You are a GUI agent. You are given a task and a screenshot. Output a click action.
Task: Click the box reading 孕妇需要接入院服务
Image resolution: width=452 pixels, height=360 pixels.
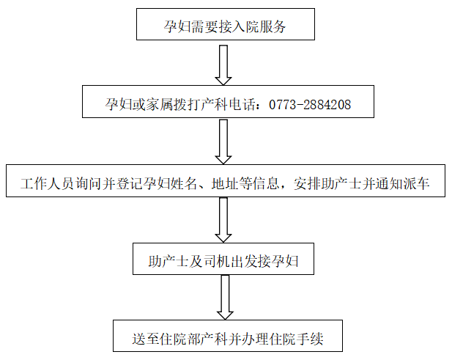[226, 24]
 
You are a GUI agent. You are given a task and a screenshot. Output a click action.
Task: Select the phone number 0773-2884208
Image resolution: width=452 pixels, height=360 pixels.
[310, 104]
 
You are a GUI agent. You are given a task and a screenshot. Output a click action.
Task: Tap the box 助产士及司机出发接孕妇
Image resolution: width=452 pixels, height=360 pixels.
[223, 259]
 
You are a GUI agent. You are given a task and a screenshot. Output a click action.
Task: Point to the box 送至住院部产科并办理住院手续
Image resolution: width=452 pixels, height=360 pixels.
[228, 336]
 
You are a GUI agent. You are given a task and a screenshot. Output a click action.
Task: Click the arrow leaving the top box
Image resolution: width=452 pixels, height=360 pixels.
[223, 65]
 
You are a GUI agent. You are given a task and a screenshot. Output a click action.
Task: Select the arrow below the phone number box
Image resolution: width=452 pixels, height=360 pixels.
[223, 142]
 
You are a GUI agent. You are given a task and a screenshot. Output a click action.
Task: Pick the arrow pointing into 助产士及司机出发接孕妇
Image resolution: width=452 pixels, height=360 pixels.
[223, 220]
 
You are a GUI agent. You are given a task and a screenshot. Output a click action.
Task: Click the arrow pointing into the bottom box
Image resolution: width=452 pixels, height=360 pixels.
[225, 298]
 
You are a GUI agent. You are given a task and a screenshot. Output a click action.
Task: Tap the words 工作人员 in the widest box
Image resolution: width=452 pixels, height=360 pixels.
[48, 183]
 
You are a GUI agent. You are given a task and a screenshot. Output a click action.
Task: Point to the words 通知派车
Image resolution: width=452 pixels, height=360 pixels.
[403, 183]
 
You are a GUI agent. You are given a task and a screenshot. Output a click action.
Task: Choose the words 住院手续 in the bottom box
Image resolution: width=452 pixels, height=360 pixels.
[296, 339]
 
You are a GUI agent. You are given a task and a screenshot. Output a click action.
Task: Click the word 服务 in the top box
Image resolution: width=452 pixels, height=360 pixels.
[273, 27]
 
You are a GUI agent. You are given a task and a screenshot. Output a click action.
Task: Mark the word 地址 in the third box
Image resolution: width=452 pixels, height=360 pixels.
[225, 183]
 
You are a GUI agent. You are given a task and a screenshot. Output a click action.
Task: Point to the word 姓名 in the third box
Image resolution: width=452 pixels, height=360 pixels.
[184, 183]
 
